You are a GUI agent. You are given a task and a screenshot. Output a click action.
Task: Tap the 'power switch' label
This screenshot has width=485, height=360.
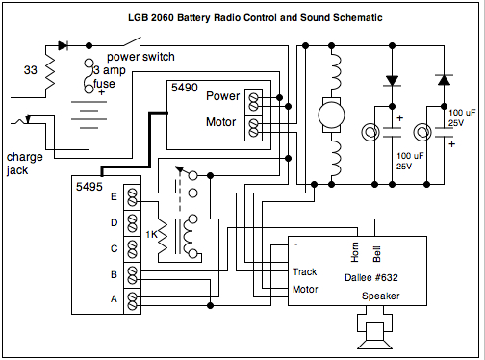[x=133, y=56]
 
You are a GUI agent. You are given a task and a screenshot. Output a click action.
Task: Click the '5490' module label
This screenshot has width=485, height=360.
[x=186, y=89]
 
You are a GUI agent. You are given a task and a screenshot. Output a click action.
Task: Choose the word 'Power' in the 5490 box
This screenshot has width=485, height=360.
[x=223, y=96]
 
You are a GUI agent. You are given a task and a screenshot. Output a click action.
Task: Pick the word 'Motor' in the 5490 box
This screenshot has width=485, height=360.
[x=223, y=123]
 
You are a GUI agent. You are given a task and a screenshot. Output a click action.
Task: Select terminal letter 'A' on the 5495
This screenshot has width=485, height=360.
[x=115, y=300]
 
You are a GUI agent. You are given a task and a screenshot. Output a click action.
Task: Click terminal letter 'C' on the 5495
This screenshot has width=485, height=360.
[x=115, y=248]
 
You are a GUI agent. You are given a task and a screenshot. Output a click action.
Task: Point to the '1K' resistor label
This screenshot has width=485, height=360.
[x=152, y=235]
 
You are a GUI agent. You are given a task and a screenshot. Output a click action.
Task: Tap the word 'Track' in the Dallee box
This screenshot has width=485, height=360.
[x=305, y=271]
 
